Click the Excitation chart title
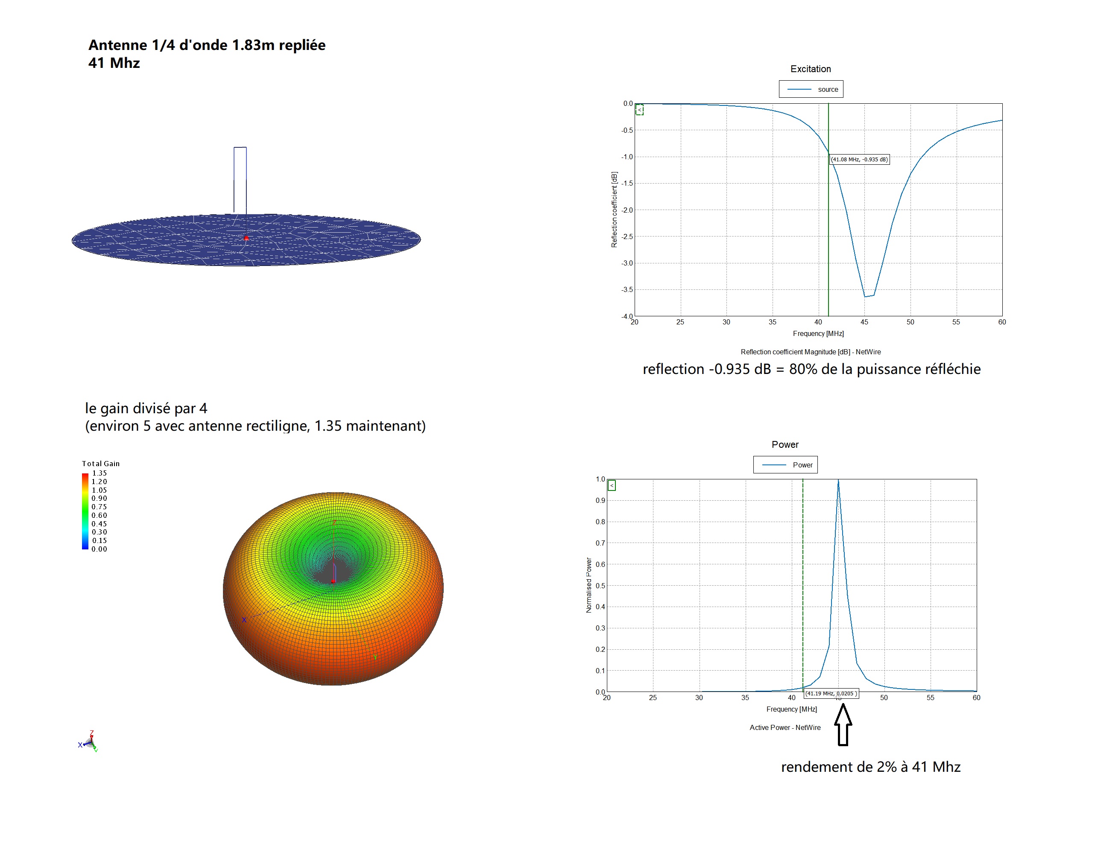[810, 69]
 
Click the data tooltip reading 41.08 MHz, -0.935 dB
[859, 159]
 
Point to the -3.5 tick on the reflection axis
[627, 290]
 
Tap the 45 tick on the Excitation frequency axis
[864, 322]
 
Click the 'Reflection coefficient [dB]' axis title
[614, 210]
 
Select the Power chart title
[785, 445]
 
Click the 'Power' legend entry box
[785, 465]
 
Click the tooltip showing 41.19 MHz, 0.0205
[831, 694]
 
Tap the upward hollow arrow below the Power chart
[843, 725]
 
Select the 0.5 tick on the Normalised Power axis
[600, 586]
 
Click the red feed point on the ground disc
[246, 238]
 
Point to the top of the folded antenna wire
[240, 148]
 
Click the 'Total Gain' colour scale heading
[101, 463]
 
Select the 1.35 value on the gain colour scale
[99, 473]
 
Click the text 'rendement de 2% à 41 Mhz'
[870, 767]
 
